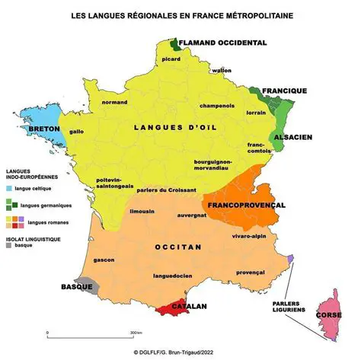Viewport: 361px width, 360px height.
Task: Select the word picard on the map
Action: (171, 58)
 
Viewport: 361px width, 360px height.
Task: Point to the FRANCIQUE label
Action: (284, 91)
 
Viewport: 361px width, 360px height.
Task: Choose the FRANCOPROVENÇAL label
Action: (244, 205)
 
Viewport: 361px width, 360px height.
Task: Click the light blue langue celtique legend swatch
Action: (10, 187)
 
